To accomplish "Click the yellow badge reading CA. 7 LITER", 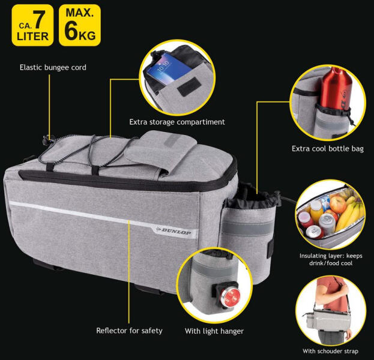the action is pyautogui.click(x=32, y=25).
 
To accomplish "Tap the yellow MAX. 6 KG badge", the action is pyautogui.click(x=80, y=25).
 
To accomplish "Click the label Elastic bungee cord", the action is pyautogui.click(x=53, y=67).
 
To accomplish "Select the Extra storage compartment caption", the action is pyautogui.click(x=177, y=122).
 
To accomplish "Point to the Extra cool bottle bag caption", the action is pyautogui.click(x=328, y=149).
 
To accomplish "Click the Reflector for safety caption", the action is pyautogui.click(x=129, y=331).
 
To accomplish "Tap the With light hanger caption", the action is pyautogui.click(x=214, y=331).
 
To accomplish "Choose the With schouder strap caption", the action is pyautogui.click(x=330, y=351).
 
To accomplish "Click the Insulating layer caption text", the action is pyautogui.click(x=331, y=259).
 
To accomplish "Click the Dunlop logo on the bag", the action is pyautogui.click(x=174, y=231).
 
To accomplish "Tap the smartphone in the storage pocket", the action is pyautogui.click(x=169, y=68).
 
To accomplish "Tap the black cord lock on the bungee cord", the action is pyautogui.click(x=48, y=140).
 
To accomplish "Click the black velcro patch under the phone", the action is pyautogui.click(x=189, y=86).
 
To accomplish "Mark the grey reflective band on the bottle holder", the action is pyautogui.click(x=249, y=227).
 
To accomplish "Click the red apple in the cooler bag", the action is pyautogui.click(x=338, y=205).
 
